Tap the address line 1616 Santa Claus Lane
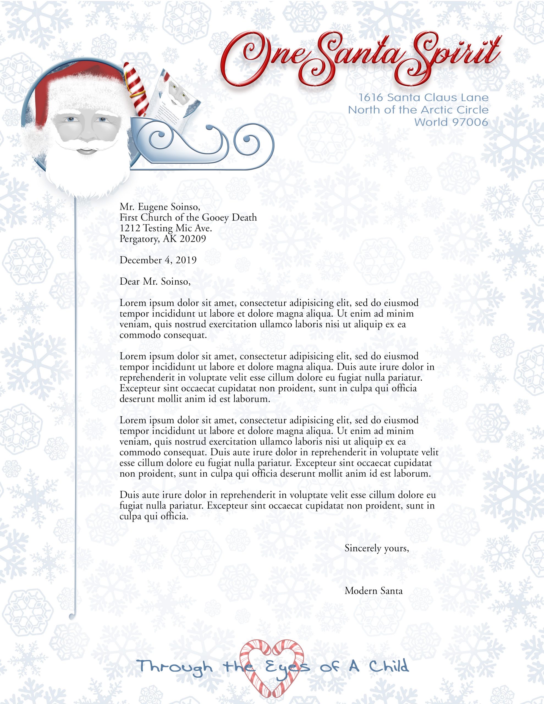423,97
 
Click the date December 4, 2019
158,260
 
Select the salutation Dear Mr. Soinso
155,282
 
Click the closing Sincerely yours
377,548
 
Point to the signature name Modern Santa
373,591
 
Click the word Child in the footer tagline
389,666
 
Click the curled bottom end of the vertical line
72,616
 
